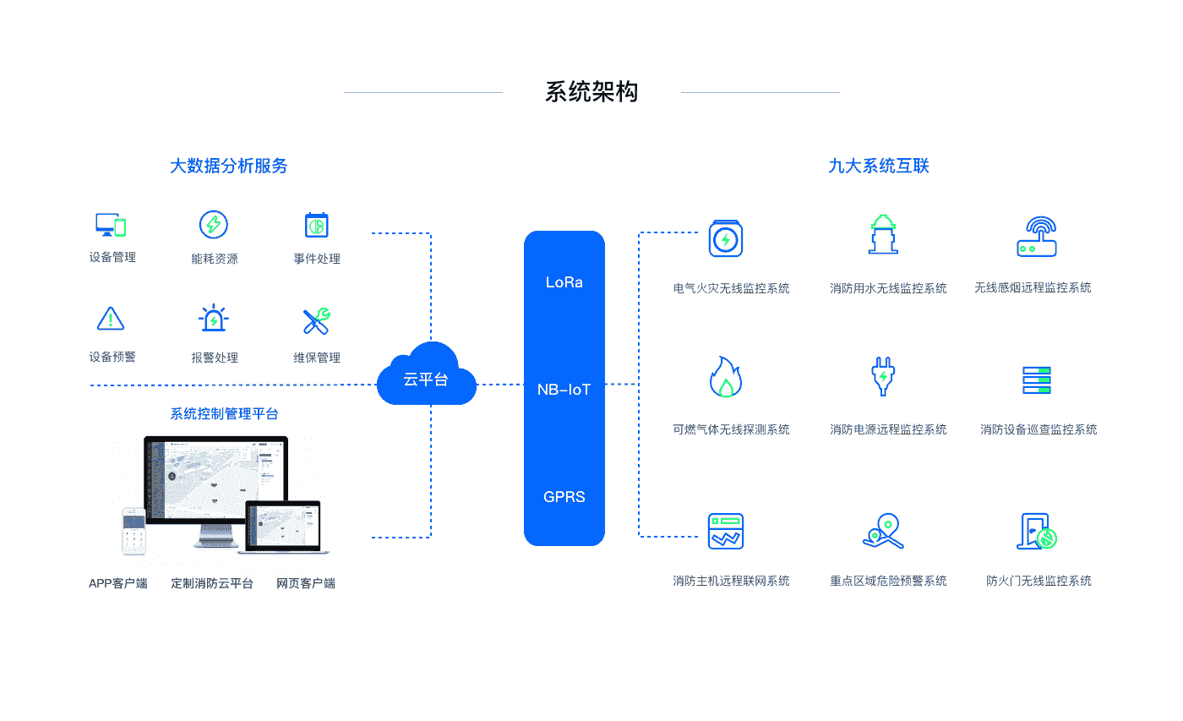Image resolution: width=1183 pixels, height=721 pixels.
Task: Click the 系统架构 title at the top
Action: (x=591, y=92)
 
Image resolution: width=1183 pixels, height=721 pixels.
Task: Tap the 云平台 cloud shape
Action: (x=427, y=376)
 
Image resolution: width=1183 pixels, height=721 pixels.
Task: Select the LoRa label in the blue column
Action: (x=564, y=282)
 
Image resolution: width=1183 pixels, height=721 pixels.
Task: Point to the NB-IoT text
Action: (x=564, y=390)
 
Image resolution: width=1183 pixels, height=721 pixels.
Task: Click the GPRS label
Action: (x=564, y=497)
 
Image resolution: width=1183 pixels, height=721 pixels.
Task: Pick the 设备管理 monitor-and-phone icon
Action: (x=111, y=225)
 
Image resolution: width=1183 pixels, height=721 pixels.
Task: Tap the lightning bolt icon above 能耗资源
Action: (x=214, y=225)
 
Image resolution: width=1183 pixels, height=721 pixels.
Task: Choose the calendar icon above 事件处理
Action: (x=316, y=225)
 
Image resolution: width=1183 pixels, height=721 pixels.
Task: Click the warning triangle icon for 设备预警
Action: (x=111, y=320)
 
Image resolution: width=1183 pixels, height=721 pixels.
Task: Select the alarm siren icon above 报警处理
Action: (x=214, y=320)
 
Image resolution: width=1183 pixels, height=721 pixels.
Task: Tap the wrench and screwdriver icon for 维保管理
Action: (x=316, y=320)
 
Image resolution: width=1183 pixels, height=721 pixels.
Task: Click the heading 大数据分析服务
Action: (x=228, y=166)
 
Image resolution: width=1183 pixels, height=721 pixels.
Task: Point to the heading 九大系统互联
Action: (x=879, y=166)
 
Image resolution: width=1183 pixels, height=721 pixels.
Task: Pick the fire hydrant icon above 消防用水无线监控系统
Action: (x=884, y=235)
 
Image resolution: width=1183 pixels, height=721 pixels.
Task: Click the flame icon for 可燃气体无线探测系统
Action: (x=725, y=377)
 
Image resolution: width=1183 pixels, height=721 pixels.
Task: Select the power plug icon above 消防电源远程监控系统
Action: (x=884, y=377)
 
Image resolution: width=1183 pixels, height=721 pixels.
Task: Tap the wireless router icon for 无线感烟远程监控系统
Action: (x=1037, y=237)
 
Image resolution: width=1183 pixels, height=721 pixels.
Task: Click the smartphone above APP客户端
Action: (x=134, y=531)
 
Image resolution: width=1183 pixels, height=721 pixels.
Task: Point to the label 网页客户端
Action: (x=306, y=583)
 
